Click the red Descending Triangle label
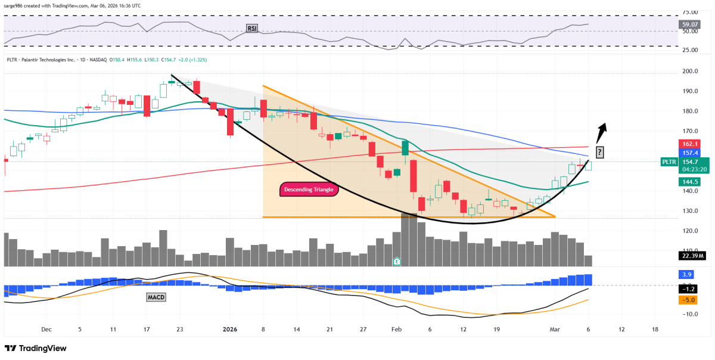309,190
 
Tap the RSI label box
252,28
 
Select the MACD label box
155,296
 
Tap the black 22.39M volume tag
692,256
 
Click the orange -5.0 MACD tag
686,300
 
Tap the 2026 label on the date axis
229,329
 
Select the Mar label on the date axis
555,329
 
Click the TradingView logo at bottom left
36,348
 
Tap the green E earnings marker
397,261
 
